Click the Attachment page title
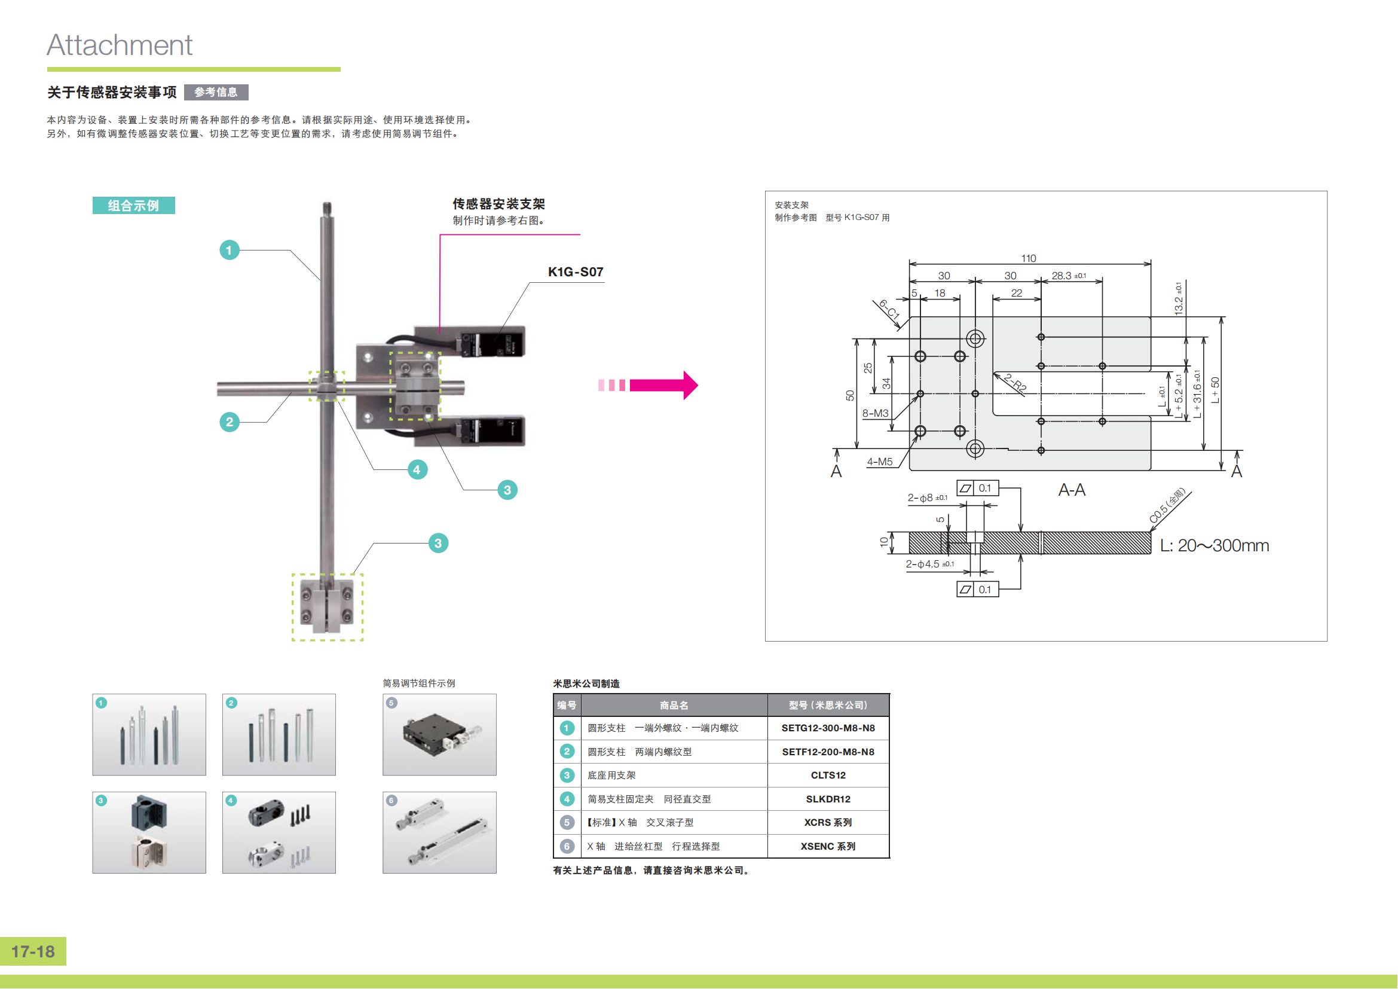click(x=120, y=45)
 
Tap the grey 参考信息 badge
click(x=216, y=92)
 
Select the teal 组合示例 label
click(x=133, y=205)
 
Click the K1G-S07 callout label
click(x=576, y=271)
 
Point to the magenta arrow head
click(x=690, y=385)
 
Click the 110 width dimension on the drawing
click(x=1029, y=258)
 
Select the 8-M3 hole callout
click(x=875, y=413)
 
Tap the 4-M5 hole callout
click(x=879, y=462)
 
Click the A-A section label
click(x=1072, y=490)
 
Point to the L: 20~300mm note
click(x=1214, y=545)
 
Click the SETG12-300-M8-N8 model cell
click(x=828, y=728)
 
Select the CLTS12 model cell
click(x=828, y=776)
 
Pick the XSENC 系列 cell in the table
click(x=828, y=847)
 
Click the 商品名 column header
click(x=674, y=705)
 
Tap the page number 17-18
click(x=33, y=951)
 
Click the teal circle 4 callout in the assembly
click(x=417, y=469)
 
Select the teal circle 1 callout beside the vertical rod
click(x=229, y=250)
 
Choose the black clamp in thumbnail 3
click(x=149, y=813)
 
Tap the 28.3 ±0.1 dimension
click(x=1069, y=276)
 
